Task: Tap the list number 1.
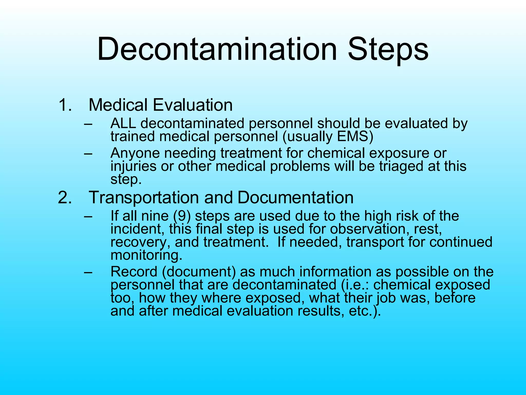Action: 65,105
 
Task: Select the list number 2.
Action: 65,197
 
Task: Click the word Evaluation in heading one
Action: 193,105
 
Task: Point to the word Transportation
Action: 144,197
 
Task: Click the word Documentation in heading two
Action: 295,197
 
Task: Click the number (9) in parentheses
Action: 182,216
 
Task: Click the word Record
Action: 134,272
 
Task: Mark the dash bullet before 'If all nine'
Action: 88,216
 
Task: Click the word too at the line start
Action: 122,298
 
